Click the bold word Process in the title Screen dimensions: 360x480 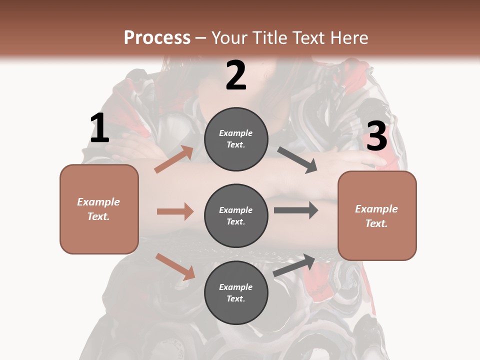pos(157,38)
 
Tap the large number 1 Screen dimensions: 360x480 pos(99,128)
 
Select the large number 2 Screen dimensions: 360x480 pos(236,75)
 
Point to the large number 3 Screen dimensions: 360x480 pos(376,136)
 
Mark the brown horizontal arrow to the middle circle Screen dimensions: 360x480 pos(175,211)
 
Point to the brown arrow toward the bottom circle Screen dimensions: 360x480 pos(175,266)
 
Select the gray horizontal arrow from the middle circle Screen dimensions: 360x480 pos(296,210)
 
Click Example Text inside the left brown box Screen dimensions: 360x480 pos(98,209)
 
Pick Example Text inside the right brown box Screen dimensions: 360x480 pos(376,216)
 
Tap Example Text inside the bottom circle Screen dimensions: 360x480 pos(236,293)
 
